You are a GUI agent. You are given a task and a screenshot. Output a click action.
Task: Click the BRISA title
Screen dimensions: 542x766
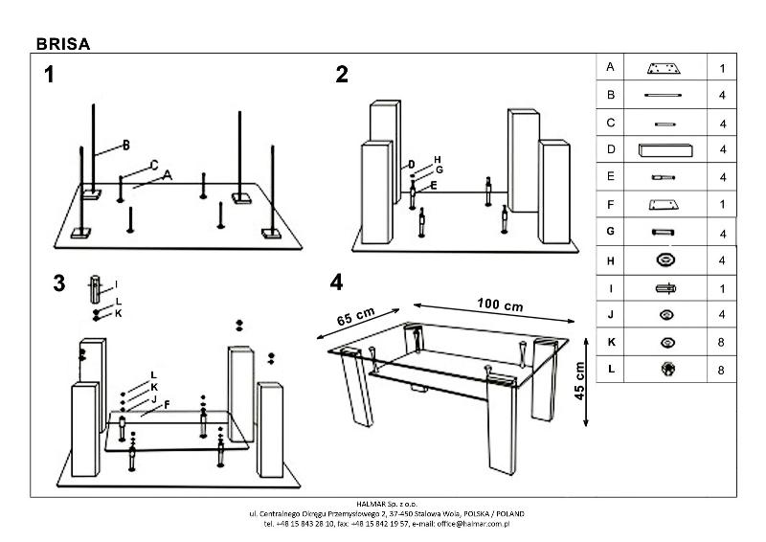pos(62,42)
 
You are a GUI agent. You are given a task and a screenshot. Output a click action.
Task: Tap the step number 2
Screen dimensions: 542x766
pos(342,76)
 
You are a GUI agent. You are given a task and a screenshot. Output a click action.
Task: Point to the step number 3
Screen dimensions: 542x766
pos(59,283)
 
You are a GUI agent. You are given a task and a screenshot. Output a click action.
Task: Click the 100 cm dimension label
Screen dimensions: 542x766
pos(500,305)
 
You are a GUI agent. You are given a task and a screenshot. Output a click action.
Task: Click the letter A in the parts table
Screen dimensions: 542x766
pos(610,67)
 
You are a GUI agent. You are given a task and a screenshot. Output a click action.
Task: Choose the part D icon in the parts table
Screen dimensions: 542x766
pos(664,149)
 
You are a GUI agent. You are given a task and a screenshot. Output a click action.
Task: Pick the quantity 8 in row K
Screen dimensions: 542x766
pos(722,342)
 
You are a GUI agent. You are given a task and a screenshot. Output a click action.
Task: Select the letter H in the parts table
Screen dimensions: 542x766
pos(610,259)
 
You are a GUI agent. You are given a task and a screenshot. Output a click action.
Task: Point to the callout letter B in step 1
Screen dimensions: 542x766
pos(125,146)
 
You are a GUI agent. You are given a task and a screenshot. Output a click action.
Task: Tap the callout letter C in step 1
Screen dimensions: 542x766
pos(153,165)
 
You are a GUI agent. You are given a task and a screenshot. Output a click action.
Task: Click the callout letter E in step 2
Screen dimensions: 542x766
pos(434,186)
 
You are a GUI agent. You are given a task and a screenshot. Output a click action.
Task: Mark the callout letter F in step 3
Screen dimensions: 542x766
pos(167,404)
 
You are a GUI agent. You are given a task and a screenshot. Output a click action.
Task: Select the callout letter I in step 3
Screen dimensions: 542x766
pos(115,283)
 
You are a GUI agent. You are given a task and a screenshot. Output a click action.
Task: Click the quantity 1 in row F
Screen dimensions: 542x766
pos(722,204)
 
